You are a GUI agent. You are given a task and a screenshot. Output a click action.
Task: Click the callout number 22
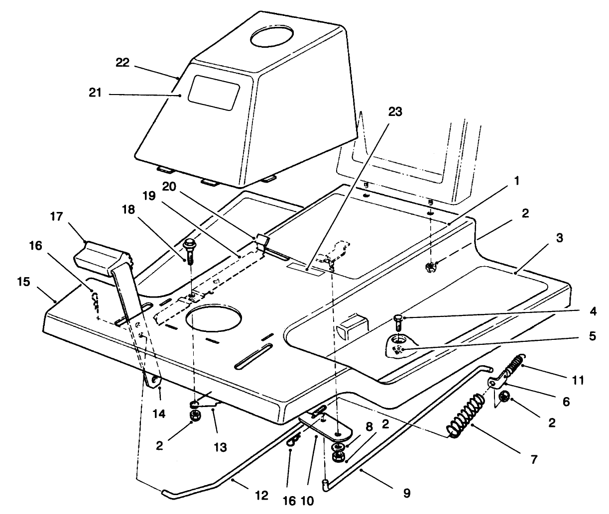pos(122,63)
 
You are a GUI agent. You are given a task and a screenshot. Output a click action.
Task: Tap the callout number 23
pos(394,112)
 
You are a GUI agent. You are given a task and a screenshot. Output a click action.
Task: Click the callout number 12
pos(261,496)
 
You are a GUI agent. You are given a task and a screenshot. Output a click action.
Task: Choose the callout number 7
pos(533,459)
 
